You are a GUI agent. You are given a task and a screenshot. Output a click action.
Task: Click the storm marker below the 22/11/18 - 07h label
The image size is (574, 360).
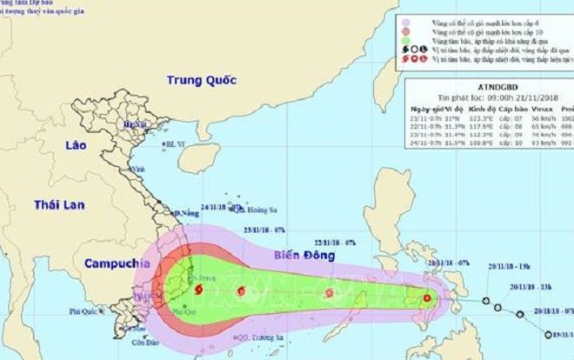pos(330,294)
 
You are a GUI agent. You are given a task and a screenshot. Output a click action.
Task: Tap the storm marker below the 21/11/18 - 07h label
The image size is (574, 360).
pos(427,299)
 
